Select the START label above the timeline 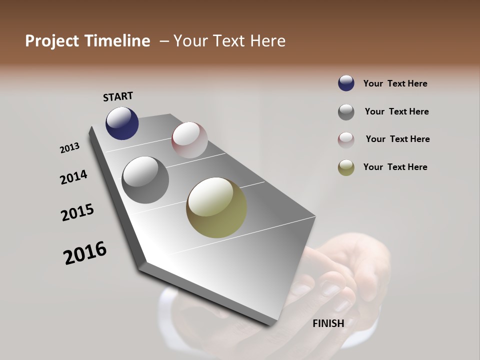(118, 96)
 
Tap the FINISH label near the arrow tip (328, 323)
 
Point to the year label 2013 (69, 148)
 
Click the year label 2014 (73, 177)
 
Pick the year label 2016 (85, 253)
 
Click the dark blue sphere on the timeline (122, 123)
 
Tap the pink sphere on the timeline (189, 140)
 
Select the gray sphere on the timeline (145, 180)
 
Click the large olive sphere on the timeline (216, 207)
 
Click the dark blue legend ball (346, 83)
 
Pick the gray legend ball (346, 112)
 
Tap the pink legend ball (346, 140)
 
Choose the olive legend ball (346, 168)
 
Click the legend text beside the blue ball (395, 83)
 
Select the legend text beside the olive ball (395, 167)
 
